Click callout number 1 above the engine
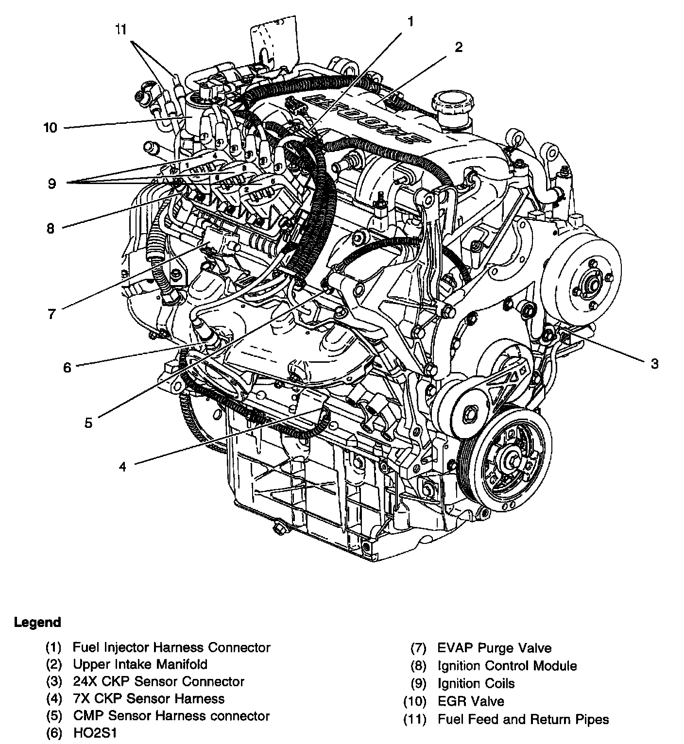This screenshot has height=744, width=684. (410, 22)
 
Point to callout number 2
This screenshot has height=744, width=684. (459, 48)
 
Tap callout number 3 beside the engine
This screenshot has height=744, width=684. (655, 364)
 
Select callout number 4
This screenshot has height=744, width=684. (122, 467)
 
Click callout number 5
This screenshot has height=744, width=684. (88, 423)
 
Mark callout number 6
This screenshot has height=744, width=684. (67, 368)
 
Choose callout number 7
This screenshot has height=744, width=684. (51, 314)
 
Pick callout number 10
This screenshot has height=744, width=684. (51, 128)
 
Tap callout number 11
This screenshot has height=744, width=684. (120, 29)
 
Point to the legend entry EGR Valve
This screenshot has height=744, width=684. (471, 701)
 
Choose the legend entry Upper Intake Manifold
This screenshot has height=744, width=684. (140, 664)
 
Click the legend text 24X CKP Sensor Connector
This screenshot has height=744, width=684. (158, 682)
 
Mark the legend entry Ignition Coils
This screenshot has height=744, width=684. (476, 684)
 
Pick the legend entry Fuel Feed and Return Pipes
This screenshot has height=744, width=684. (523, 719)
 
